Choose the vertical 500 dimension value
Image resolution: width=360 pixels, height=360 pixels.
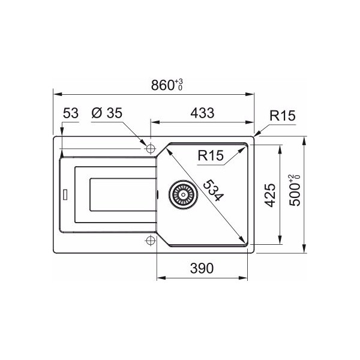coord(295,196)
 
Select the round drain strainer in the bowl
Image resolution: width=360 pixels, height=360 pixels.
coord(182,194)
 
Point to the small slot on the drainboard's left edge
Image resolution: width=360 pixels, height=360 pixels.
coord(65,194)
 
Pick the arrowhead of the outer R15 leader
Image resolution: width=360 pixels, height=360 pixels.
coord(256,136)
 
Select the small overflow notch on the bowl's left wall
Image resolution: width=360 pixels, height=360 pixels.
coord(157,194)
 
